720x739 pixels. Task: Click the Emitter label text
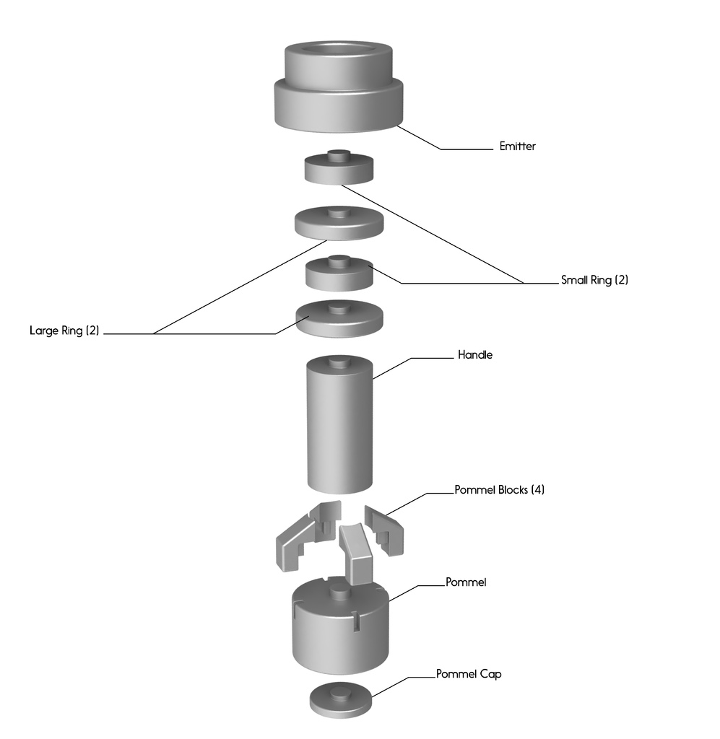point(517,147)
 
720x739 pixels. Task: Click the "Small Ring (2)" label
point(594,280)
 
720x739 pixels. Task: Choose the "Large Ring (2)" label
point(64,331)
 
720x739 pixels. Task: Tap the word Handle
point(474,355)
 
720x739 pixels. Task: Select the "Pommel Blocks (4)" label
point(499,489)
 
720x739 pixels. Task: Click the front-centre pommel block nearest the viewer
point(356,552)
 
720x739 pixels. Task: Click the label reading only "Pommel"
point(466,582)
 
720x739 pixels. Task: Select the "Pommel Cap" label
point(468,674)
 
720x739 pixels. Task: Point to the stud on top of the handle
point(339,362)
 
